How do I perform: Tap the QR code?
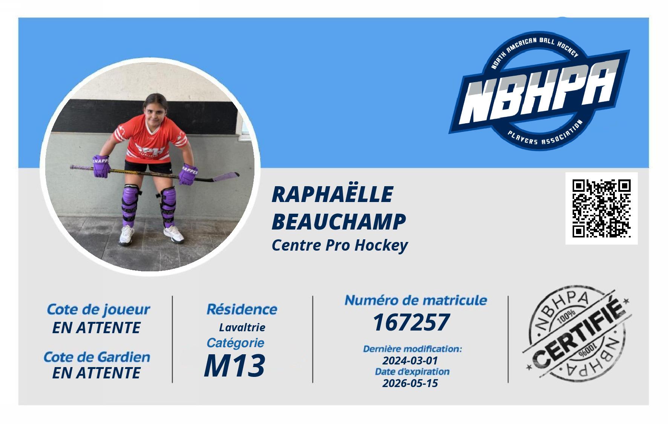click(x=601, y=208)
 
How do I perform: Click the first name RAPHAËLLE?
click(x=332, y=194)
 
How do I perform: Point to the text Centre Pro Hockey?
click(x=340, y=245)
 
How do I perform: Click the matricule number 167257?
click(x=411, y=322)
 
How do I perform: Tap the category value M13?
click(x=234, y=366)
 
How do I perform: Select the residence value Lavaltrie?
click(x=242, y=327)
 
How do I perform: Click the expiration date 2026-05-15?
click(x=410, y=383)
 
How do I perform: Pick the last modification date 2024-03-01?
click(x=410, y=361)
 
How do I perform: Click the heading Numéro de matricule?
click(x=416, y=300)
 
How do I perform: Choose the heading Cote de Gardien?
click(x=97, y=357)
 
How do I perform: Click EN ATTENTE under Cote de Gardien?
click(x=96, y=373)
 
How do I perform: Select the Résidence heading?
click(x=242, y=309)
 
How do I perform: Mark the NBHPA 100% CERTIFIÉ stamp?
click(x=577, y=333)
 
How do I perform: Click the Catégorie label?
click(x=235, y=343)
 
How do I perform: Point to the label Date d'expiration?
click(x=412, y=372)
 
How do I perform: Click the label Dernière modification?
click(x=412, y=349)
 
